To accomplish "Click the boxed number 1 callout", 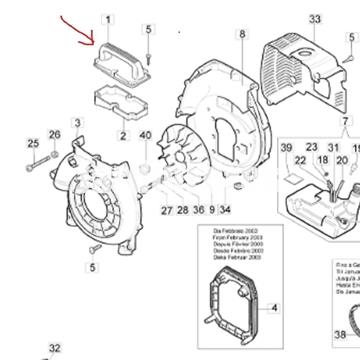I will click(108, 20).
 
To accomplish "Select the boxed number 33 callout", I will click(314, 19).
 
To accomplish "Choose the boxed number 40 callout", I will click(146, 136).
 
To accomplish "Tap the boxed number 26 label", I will click(55, 135).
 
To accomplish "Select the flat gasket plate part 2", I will click(120, 105).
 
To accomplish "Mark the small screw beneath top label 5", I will click(148, 61).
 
